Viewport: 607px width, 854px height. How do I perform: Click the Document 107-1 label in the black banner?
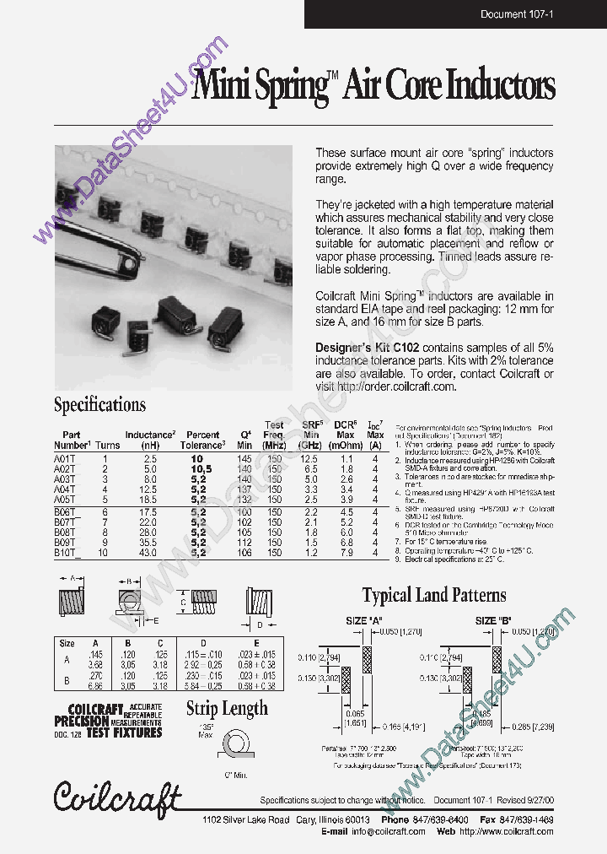(x=514, y=14)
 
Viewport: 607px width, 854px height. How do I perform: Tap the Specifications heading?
(x=99, y=405)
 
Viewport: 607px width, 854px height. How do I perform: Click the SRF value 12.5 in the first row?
(x=309, y=457)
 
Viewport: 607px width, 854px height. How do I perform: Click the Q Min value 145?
(x=244, y=457)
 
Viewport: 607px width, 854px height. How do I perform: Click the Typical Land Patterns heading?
(x=433, y=596)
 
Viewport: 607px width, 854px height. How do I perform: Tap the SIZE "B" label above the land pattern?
(x=494, y=620)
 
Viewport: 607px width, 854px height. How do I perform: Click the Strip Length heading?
(x=227, y=709)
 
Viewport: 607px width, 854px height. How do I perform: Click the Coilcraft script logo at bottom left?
(x=117, y=796)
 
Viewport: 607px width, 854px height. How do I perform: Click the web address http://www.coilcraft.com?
(x=508, y=831)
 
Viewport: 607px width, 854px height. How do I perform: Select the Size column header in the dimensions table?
(x=67, y=643)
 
